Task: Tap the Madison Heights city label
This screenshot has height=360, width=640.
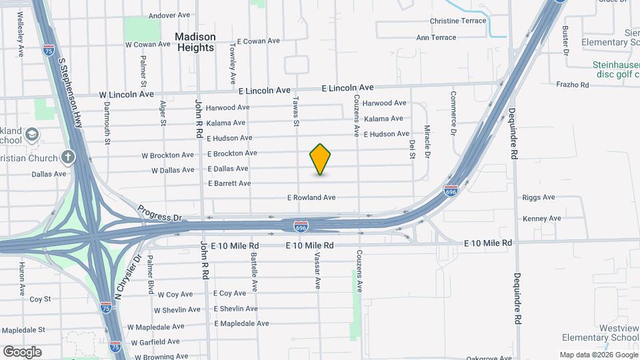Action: (195, 42)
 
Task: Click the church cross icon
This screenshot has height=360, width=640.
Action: (67, 158)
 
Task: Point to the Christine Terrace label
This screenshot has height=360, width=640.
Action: (458, 21)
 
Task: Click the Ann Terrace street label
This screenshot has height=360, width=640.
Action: (436, 38)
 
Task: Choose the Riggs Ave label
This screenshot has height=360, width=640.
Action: (539, 197)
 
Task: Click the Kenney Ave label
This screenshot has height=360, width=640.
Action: (542, 219)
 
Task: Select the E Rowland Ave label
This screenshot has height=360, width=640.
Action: (311, 198)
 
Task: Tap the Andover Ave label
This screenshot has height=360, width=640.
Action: (169, 15)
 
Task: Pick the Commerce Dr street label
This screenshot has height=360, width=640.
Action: (453, 109)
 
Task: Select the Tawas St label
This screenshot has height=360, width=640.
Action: (296, 110)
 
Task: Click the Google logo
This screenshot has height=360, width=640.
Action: (22, 351)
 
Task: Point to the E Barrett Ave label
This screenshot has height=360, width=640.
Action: (229, 183)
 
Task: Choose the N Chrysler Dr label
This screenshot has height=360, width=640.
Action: (128, 276)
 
